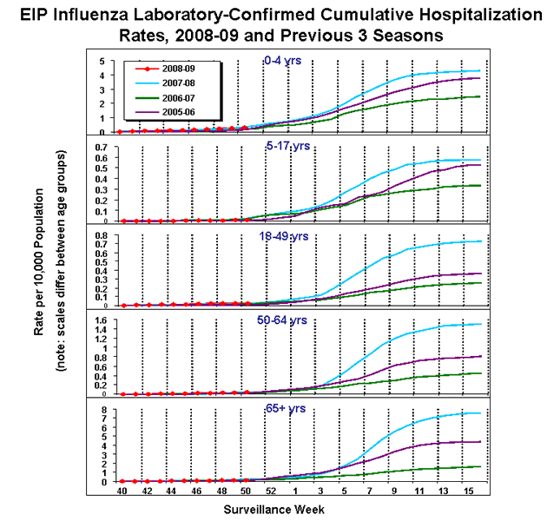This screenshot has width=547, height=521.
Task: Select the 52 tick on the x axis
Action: point(270,491)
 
